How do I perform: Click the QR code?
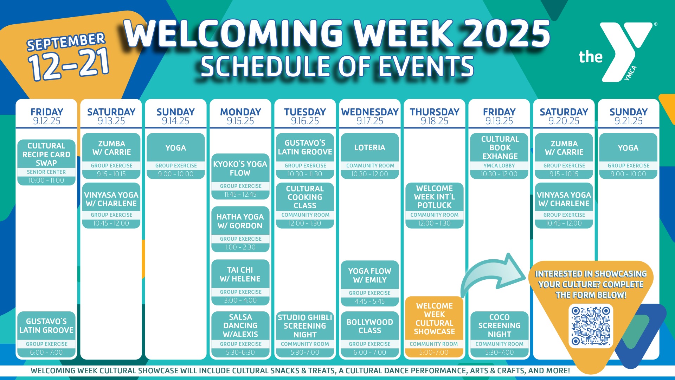coord(591,326)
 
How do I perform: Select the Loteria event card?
coord(370,156)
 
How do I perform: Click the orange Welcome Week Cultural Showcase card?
coord(434,327)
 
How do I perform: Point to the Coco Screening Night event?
coord(499,334)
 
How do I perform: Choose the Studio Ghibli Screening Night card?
coord(305,334)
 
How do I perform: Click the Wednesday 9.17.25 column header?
coord(370,116)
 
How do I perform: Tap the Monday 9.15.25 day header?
coord(240,116)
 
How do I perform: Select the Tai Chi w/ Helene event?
coord(240,282)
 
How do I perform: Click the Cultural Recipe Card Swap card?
coord(46,162)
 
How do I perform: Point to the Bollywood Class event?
coord(370,334)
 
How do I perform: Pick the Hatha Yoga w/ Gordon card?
coord(240,229)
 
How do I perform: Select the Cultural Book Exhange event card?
coord(499,156)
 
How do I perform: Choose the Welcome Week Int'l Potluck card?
coord(435,205)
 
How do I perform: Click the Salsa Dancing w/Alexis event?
coord(240,334)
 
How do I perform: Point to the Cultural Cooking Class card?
coord(305,205)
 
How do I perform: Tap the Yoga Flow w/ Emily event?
coord(370,284)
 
